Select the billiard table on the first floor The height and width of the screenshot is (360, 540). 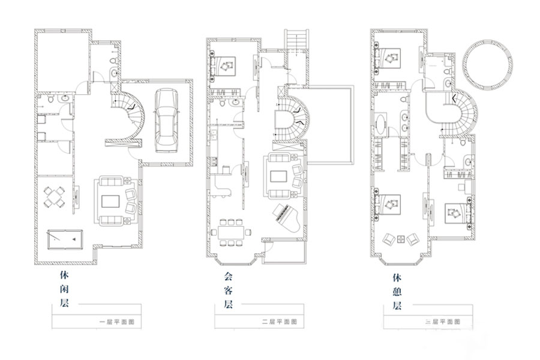pos(65,241)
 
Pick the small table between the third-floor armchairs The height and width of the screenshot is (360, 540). pos(400,236)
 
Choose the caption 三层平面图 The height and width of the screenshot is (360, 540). pos(444,322)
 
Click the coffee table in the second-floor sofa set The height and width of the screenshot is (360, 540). pos(279,176)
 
